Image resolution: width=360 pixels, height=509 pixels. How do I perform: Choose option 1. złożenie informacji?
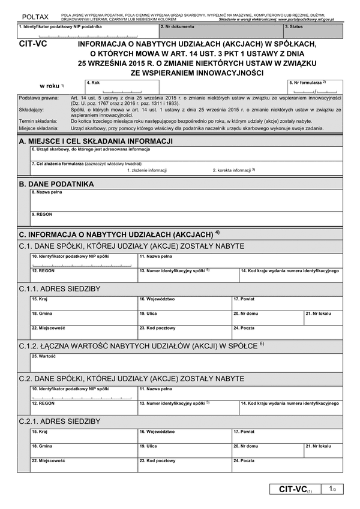pyautogui.click(x=147, y=170)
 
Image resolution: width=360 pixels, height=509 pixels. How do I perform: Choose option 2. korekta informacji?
pyautogui.click(x=234, y=170)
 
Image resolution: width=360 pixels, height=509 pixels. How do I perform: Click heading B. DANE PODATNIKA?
pyautogui.click(x=56, y=183)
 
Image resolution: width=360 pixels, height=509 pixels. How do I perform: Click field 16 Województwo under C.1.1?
pyautogui.click(x=184, y=302)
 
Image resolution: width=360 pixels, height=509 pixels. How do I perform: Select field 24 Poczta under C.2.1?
pyautogui.click(x=287, y=466)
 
